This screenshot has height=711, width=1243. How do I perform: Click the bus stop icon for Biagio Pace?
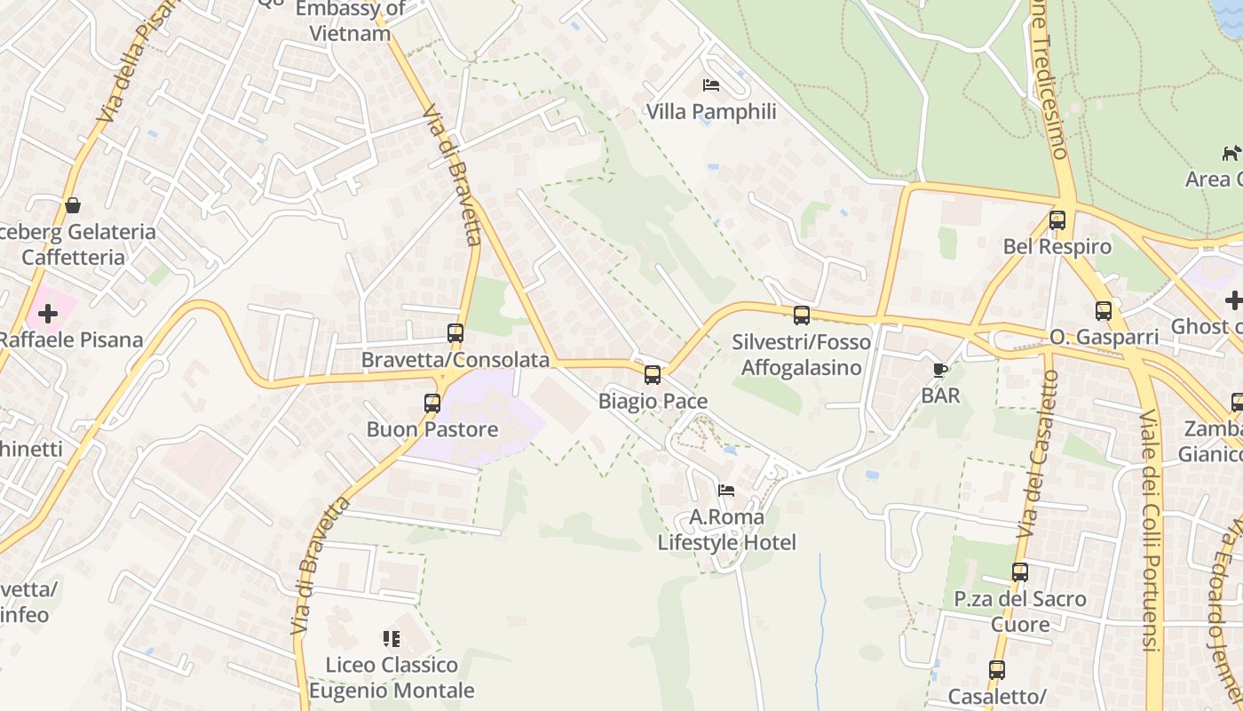click(x=653, y=375)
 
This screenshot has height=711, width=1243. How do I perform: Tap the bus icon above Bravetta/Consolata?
click(x=455, y=333)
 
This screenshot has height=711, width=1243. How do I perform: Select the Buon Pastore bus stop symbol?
click(x=432, y=403)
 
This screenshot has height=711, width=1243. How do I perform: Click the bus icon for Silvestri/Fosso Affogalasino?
click(x=802, y=316)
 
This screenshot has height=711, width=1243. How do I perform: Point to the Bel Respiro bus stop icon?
click(x=1057, y=220)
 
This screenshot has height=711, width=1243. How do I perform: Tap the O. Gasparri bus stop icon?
click(x=1104, y=311)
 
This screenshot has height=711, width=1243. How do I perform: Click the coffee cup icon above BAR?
click(x=940, y=370)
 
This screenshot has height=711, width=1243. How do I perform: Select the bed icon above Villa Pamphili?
click(x=711, y=85)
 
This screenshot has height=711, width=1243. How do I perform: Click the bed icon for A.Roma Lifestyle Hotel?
click(x=726, y=491)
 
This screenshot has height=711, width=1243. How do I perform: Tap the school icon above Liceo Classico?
click(x=392, y=639)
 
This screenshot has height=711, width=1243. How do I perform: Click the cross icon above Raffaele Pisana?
click(x=48, y=314)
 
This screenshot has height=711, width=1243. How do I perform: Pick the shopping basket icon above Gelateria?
click(x=73, y=206)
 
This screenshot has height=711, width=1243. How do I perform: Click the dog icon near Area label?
click(x=1231, y=153)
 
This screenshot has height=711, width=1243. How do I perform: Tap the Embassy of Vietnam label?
click(x=350, y=21)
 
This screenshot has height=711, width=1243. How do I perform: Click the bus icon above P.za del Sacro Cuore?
click(x=1020, y=572)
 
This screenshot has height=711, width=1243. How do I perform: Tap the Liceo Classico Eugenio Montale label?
click(x=392, y=677)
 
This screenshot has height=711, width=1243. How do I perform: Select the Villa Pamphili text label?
click(x=711, y=112)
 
